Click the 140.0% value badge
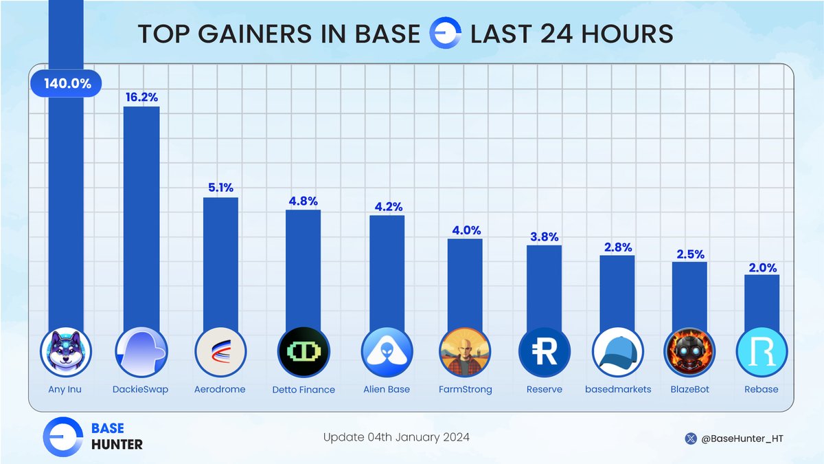66,85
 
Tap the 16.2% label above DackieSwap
141,97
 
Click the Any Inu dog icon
66,352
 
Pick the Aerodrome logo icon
220,352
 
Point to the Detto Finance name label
303,390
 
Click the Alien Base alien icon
387,352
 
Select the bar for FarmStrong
465,282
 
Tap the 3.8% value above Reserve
544,236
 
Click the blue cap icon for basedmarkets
617,352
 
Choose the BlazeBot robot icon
689,352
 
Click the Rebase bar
762,302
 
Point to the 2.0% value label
762,265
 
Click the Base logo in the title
444,35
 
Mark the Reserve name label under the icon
544,390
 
